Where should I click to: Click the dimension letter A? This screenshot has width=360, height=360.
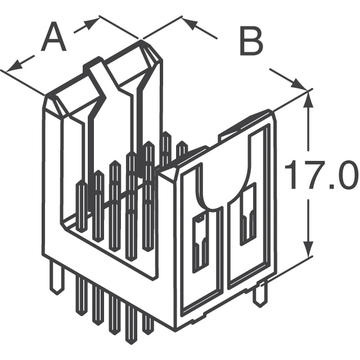(x=54, y=37)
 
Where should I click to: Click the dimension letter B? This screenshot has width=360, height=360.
(x=251, y=41)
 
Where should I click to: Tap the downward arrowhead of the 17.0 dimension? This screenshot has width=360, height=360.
(x=308, y=248)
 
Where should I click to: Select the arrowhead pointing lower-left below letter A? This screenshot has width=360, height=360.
(x=14, y=67)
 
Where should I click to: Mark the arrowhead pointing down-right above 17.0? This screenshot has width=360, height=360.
(x=299, y=84)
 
